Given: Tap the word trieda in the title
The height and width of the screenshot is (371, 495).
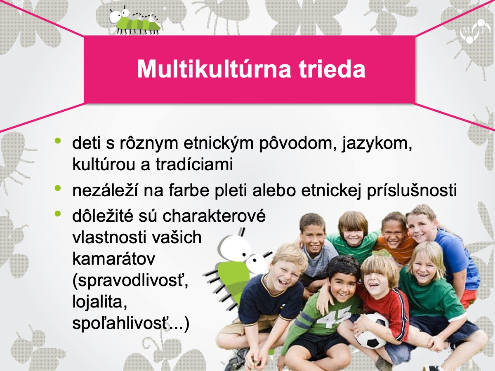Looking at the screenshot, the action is (x=332, y=69).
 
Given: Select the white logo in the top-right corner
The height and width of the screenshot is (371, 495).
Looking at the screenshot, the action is (x=475, y=31).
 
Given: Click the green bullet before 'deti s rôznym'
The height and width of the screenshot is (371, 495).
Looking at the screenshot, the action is (x=58, y=141).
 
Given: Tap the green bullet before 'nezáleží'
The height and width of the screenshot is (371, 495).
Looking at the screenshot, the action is (x=58, y=188).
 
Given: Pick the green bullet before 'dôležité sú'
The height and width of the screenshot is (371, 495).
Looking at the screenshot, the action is (x=58, y=213).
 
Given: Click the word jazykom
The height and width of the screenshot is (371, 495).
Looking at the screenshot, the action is (x=377, y=144).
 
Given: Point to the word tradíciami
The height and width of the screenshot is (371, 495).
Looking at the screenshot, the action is (x=194, y=164).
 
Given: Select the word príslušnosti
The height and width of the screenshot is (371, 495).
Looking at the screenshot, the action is (x=412, y=191).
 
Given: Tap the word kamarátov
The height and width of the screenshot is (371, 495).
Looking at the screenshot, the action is (x=114, y=259).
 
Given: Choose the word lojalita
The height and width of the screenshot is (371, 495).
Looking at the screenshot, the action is (x=100, y=302).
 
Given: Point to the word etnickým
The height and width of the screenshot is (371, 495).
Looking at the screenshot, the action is (x=219, y=143).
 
